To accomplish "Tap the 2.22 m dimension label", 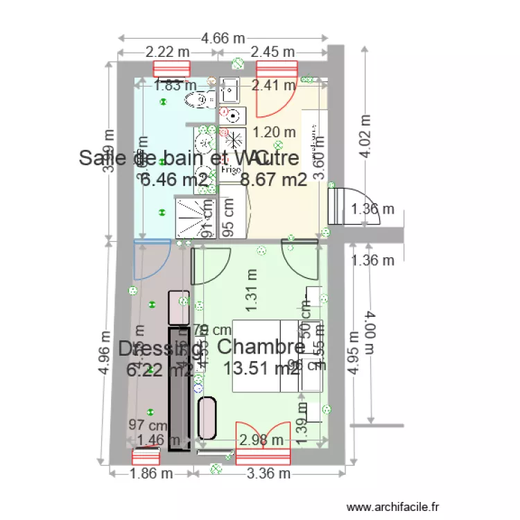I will click(x=167, y=52).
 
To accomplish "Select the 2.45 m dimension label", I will click(x=272, y=52).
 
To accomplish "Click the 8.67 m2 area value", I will click(x=273, y=180).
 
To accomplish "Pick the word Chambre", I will click(x=261, y=346).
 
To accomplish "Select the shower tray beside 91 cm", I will click(x=193, y=218).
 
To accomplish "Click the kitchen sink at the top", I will click(x=229, y=90).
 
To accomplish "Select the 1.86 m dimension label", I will click(x=152, y=474).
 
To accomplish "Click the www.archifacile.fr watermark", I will click(x=394, y=508).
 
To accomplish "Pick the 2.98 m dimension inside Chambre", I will click(x=261, y=440).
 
